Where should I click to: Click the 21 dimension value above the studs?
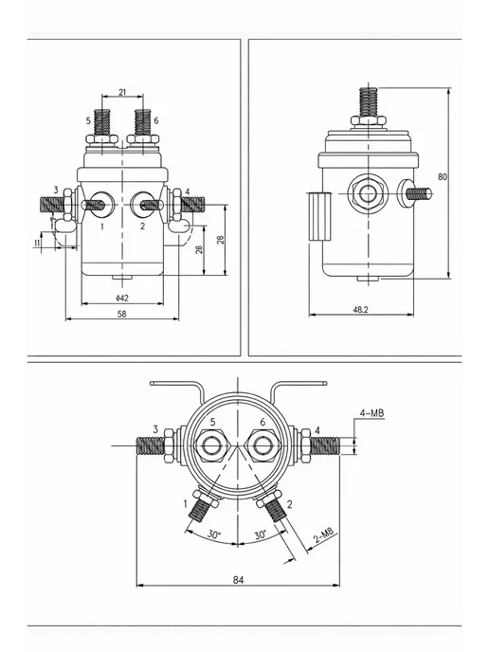(x=122, y=92)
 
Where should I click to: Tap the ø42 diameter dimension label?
(x=122, y=298)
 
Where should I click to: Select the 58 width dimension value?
(x=122, y=314)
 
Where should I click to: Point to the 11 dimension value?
(x=37, y=243)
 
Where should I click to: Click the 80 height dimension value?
(x=443, y=176)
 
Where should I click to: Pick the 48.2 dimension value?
(x=360, y=309)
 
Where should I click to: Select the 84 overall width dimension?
(x=238, y=580)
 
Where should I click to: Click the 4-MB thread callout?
(x=371, y=413)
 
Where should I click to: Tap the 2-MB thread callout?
(x=324, y=536)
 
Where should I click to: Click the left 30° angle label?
(x=214, y=534)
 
